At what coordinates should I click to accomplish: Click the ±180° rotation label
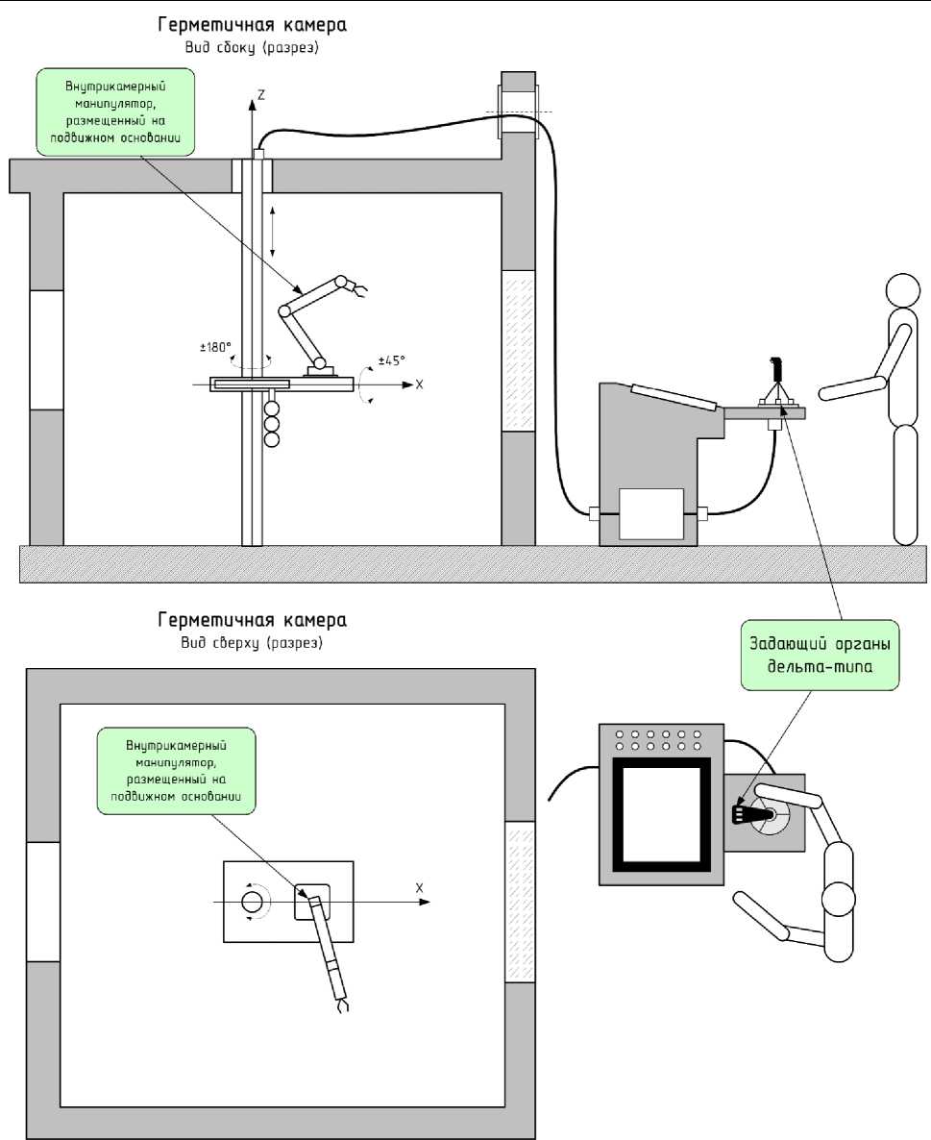(x=216, y=348)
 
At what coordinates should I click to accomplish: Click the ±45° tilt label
(x=392, y=359)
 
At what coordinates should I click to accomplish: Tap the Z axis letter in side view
(x=261, y=94)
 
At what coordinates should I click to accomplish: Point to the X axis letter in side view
(x=419, y=384)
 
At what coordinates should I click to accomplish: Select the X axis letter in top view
(x=419, y=888)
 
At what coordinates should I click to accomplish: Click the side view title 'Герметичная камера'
(x=252, y=25)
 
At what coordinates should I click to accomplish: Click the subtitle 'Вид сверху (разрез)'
(x=252, y=643)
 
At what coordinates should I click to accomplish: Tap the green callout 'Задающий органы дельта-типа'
(x=820, y=655)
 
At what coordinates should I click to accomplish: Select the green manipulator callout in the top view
(x=177, y=771)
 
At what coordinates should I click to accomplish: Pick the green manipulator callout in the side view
(x=115, y=112)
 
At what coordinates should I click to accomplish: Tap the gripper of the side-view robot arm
(x=358, y=289)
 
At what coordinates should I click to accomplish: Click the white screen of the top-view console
(x=661, y=815)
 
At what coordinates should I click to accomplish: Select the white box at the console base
(x=650, y=514)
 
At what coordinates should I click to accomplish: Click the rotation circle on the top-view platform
(x=252, y=903)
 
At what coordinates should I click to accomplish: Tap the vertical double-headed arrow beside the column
(x=273, y=232)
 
